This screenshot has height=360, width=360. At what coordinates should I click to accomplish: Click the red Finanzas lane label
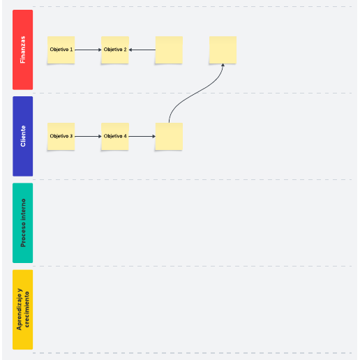22,50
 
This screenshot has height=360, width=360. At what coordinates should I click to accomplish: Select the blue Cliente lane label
22,136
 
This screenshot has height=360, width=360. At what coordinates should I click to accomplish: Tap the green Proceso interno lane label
22,223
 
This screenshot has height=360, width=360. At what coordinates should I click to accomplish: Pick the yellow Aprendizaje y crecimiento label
22,309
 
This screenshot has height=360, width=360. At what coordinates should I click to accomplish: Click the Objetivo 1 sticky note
61,50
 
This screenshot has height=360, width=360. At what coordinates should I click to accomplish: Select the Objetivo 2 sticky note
115,50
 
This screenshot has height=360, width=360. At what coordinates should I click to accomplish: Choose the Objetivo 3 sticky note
61,136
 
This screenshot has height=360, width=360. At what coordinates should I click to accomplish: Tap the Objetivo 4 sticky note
115,136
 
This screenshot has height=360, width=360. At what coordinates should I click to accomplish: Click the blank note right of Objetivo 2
169,50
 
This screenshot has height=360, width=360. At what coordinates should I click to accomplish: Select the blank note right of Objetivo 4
169,136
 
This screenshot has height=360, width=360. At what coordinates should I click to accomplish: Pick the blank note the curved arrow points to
223,50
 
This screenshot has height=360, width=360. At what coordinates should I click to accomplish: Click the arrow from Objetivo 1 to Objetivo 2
88,50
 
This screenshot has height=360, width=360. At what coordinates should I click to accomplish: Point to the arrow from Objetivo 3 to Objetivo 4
88,136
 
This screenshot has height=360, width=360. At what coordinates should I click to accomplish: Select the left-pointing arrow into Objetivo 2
142,50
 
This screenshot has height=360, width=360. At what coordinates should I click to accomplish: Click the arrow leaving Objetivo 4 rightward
142,136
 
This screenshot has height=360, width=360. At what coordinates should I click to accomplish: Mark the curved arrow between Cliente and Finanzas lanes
196,93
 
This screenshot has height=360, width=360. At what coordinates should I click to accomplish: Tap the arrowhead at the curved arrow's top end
223,65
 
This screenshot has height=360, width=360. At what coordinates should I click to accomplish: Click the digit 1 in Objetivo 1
71,50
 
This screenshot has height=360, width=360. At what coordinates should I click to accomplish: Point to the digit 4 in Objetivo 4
125,136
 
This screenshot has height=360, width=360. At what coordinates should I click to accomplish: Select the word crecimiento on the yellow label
27,309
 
